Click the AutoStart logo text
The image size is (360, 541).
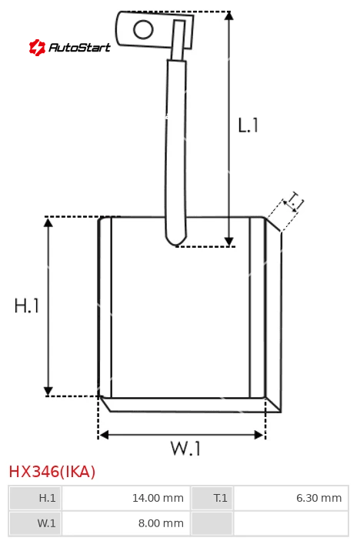click(80, 47)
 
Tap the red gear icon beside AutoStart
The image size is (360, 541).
click(37, 47)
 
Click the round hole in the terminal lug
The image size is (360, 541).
click(143, 29)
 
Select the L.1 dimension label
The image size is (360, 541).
click(248, 125)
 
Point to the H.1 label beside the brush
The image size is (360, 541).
click(27, 306)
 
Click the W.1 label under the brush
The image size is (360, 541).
click(185, 449)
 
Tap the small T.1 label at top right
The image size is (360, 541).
click(294, 202)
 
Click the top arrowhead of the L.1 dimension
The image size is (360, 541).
click(229, 15)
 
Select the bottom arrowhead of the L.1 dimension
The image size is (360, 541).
click(229, 242)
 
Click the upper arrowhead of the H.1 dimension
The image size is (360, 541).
click(48, 222)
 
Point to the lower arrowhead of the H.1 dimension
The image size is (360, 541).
click(48, 391)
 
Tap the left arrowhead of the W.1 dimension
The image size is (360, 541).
click(104, 435)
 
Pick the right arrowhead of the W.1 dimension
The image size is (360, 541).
click(259, 435)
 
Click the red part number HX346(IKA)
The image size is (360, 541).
click(52, 472)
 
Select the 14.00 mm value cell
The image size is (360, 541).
click(126, 498)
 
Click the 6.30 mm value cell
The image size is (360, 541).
click(291, 498)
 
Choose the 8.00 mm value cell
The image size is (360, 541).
click(126, 523)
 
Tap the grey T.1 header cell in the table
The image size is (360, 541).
click(212, 498)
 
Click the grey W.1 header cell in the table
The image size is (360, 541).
click(35, 523)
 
